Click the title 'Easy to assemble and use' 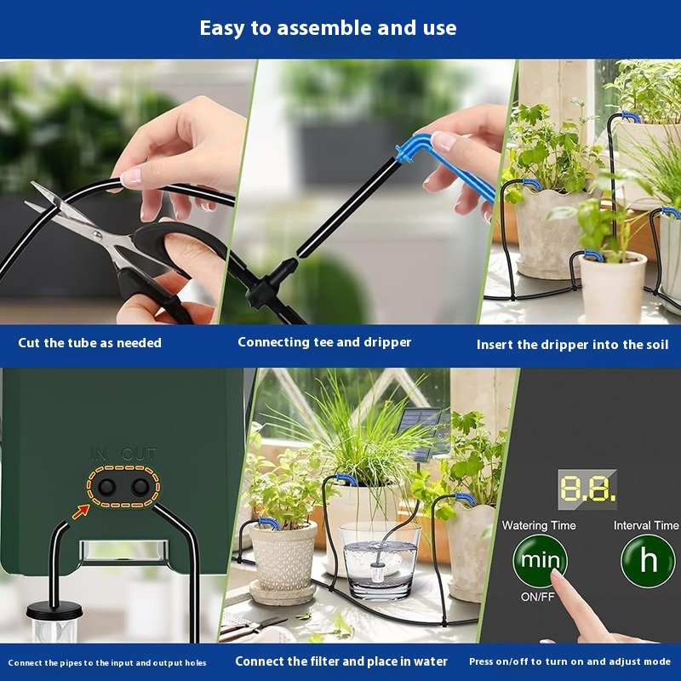coord(328,28)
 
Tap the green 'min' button coord(539,561)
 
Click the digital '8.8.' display coord(587,488)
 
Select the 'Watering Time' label coord(539,525)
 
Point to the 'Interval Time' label coord(646,525)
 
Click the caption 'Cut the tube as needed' coord(89,343)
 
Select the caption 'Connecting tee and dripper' coord(324,342)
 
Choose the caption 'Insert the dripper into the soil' coord(572,345)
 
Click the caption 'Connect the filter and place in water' coord(341,661)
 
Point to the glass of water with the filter coord(378,562)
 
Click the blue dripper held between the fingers coord(443,166)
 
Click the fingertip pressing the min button coord(558,579)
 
